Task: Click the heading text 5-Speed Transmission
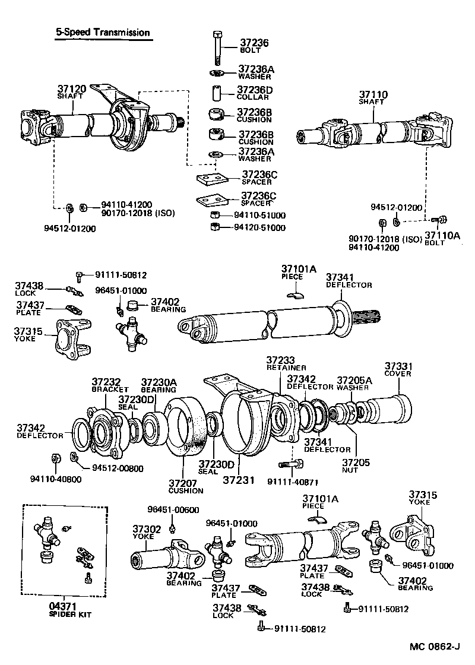point(102,33)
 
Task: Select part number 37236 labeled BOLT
point(254,46)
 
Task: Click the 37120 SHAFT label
point(71,91)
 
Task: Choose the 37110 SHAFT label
point(373,97)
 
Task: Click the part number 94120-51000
point(259,227)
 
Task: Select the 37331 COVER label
point(398,369)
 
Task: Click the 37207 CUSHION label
point(185,486)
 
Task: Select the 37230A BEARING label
point(158,385)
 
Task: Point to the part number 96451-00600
point(173,509)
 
